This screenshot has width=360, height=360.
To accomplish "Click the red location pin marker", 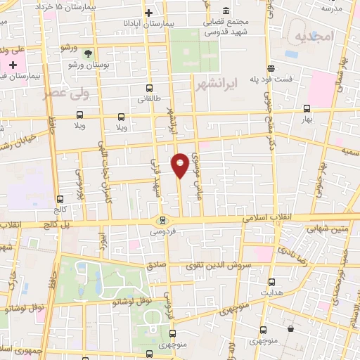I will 180,165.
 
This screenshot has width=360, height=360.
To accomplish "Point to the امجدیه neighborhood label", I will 312,36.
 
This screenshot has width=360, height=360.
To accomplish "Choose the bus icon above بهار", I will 307,109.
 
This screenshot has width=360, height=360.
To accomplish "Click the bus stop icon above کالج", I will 60,199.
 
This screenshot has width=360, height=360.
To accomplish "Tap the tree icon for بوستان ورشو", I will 88,53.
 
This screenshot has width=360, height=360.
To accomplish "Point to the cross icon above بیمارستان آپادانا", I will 148,13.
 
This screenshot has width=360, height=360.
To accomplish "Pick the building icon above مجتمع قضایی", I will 226,11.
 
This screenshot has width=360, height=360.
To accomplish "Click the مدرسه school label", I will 331,8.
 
